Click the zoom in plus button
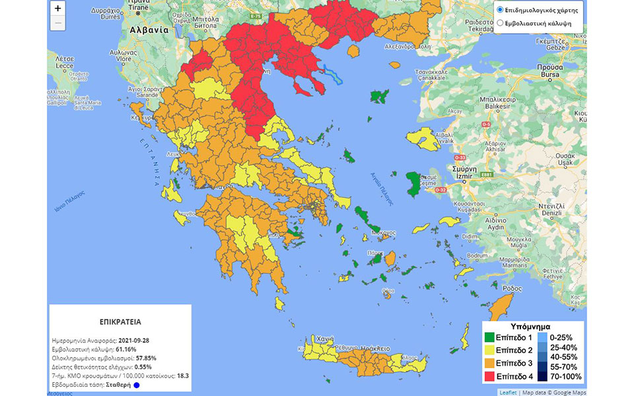tap(58, 9)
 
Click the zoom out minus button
tap(58, 23)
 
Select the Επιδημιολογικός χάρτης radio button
tap(500, 11)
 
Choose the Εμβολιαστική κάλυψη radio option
tap(500, 23)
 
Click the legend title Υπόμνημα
tap(532, 327)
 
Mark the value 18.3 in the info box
tap(183, 376)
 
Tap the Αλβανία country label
tap(149, 30)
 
